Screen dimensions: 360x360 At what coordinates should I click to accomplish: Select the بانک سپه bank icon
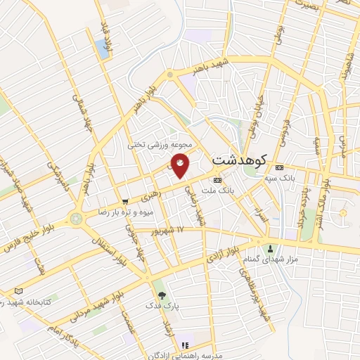click(x=279, y=167)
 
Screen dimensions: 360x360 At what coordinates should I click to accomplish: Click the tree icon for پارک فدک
click(x=162, y=295)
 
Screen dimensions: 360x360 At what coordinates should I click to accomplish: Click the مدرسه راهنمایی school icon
click(x=185, y=345)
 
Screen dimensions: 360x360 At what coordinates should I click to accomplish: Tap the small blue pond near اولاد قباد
click(x=103, y=47)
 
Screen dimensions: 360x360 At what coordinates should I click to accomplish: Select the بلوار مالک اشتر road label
click(x=328, y=183)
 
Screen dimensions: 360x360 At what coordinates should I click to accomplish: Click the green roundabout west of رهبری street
click(x=76, y=219)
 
